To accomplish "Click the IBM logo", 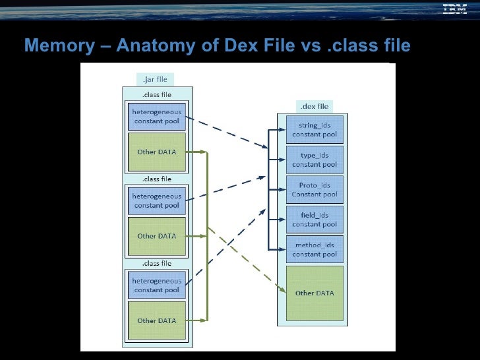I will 454,9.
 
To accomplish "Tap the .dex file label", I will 313,106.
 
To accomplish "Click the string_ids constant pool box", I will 315,130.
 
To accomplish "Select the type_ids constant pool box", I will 315,160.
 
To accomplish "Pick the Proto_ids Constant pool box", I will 315,190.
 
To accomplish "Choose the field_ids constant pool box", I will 315,220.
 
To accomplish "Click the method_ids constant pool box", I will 315,249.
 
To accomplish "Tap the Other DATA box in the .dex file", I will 315,293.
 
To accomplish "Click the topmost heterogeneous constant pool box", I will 156,116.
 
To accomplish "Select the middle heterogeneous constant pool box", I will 156,200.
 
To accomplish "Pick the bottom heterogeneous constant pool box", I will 156,285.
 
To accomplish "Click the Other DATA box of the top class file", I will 156,152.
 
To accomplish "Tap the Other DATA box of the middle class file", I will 156,236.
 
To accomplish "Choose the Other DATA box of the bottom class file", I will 156,320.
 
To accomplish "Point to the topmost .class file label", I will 156,94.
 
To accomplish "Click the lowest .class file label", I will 156,263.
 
